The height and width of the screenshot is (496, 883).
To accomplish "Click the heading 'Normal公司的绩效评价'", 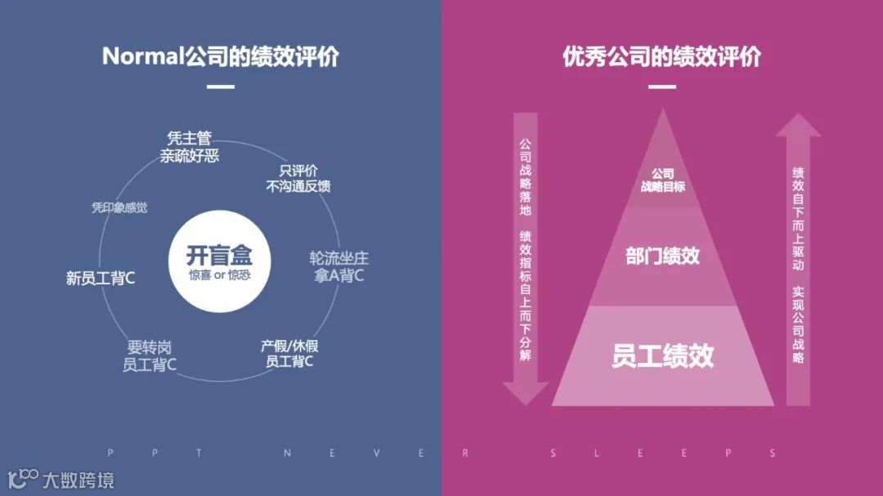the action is pos(221,56).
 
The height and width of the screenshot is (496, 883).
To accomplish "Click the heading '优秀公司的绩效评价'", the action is pos(662,56).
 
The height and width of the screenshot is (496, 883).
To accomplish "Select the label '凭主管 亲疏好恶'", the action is pos(189,147).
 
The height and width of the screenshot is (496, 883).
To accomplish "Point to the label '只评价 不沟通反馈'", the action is pos(298,178).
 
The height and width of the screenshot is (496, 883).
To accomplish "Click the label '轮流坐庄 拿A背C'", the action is pos(339,267).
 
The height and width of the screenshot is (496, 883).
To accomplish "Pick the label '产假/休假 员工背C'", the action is pos(289,353).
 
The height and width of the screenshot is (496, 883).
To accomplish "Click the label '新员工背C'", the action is pos(101,278).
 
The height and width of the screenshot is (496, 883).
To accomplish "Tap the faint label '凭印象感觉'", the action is pos(119,208).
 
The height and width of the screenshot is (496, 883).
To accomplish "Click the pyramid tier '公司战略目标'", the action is pos(662,180).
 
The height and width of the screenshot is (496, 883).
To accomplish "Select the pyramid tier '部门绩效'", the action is pos(662,256).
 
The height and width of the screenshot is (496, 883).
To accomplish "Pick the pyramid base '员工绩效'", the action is pos(662,356).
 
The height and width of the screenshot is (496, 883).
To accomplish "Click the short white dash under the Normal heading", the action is pos(221,87).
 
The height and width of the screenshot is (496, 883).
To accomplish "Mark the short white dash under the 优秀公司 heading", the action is pos(662,87).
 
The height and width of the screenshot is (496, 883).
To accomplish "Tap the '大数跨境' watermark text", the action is pos(78,479).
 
